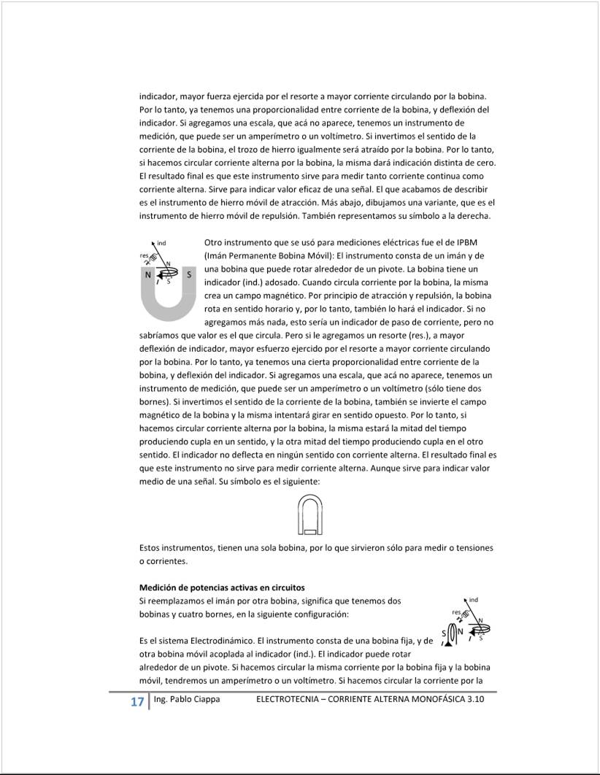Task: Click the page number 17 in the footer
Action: point(136,702)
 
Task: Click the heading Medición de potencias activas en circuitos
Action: point(222,587)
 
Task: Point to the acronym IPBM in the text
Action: point(466,242)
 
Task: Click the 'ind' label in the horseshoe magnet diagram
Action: point(161,242)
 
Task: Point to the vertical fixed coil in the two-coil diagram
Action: point(452,633)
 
